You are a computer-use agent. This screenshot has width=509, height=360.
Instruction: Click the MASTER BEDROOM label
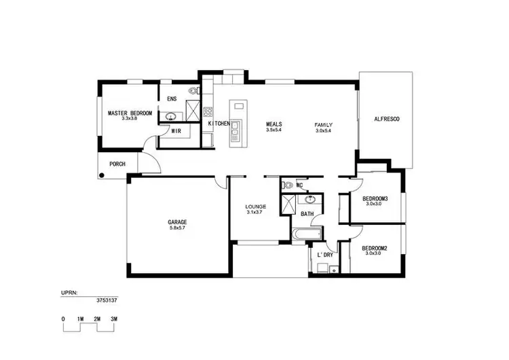[x=130, y=113]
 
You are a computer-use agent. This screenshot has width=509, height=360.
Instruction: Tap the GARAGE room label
[x=177, y=222]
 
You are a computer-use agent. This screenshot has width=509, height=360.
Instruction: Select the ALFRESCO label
[x=387, y=119]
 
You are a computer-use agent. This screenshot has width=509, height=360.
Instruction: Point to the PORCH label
[x=117, y=164]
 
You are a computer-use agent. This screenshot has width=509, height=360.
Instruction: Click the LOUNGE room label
[x=256, y=206]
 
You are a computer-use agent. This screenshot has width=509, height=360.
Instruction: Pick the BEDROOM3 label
[x=375, y=198]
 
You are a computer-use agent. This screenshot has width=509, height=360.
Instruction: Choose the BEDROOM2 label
[x=375, y=248]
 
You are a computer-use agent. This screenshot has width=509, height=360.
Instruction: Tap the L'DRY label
[x=325, y=255]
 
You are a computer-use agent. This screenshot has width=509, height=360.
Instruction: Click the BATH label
[x=307, y=214]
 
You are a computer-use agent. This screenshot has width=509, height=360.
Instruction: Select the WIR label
[x=176, y=130]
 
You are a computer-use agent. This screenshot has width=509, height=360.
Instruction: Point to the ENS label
[x=172, y=99]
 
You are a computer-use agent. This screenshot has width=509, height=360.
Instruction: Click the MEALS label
[x=274, y=124]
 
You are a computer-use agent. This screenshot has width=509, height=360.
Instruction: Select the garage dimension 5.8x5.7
[x=177, y=228]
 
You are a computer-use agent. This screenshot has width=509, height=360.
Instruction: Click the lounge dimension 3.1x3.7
[x=256, y=213]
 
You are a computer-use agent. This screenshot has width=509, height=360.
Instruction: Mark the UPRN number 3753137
[x=106, y=298]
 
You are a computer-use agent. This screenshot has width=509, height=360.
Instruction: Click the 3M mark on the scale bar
[x=114, y=319]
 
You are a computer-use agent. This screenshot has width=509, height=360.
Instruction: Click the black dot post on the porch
[x=101, y=176]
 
